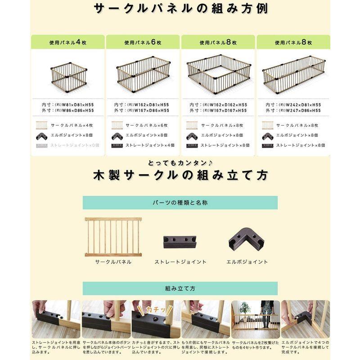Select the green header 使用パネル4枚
tap(67, 42)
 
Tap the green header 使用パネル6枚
tap(143, 42)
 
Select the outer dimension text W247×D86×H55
tap(299, 110)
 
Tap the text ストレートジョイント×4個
tap(150, 146)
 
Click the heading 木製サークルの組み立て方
tap(180, 175)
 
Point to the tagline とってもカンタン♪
tap(180, 162)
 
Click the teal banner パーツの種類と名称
tap(180, 203)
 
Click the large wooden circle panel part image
tap(113, 237)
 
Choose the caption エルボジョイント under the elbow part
tap(247, 262)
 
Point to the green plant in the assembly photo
tap(245, 308)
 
